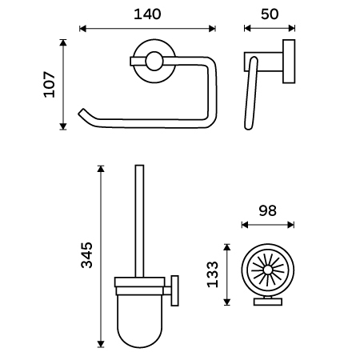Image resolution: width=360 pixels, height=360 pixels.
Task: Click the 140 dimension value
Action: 147,14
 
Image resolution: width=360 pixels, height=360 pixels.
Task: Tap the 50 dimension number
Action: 270,14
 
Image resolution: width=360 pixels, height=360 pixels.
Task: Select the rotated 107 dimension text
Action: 50,84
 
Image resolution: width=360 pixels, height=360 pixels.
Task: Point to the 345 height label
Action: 87,255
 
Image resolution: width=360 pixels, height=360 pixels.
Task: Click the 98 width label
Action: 268,210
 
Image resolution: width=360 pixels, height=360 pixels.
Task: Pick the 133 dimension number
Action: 213,274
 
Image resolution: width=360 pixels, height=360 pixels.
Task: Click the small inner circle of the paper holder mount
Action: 154,61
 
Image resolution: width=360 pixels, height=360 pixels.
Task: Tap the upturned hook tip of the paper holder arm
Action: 81,112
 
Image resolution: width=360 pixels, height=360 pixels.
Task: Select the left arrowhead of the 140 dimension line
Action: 83,29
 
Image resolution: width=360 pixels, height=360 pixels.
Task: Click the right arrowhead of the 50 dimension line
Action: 292,28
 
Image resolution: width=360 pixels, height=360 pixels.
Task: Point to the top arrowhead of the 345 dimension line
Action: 101,169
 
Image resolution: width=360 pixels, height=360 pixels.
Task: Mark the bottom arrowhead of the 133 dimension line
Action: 226,302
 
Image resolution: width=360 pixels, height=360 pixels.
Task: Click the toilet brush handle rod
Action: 139,222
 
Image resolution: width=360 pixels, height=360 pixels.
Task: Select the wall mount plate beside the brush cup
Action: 174,290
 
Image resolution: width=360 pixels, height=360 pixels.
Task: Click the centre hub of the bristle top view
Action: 267,270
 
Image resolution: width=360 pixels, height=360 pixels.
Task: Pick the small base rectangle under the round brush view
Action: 268,302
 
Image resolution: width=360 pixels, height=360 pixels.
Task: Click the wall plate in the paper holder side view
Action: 289,62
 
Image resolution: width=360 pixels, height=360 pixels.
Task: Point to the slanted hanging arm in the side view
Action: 251,94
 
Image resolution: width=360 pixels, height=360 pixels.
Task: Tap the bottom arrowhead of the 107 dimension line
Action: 63,126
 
